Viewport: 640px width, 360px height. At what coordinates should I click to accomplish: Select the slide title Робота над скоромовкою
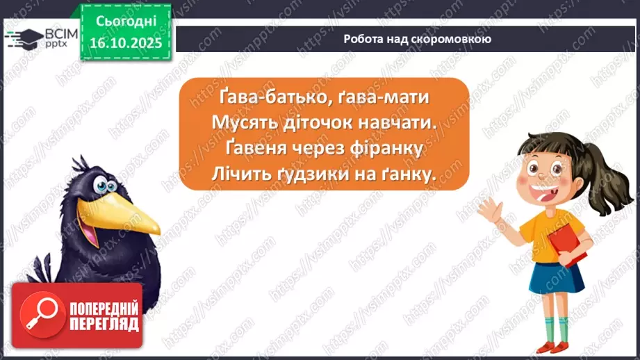tap(417, 39)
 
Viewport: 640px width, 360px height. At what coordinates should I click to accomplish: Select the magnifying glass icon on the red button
tap(34, 313)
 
